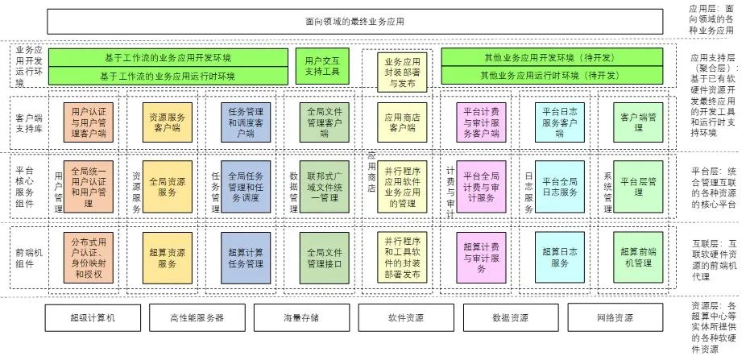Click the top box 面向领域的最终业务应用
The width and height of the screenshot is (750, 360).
pos(355,21)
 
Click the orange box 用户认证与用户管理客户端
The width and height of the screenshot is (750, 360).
pos(88,122)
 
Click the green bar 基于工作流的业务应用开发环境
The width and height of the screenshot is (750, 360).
pos(168,58)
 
